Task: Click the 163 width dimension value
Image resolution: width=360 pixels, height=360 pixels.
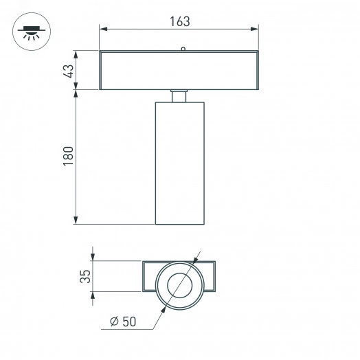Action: (x=179, y=21)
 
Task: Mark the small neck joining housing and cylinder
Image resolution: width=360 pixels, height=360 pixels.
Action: (x=179, y=96)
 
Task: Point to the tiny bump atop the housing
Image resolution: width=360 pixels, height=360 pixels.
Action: (x=182, y=49)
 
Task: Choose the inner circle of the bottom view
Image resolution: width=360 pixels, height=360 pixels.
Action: (x=181, y=284)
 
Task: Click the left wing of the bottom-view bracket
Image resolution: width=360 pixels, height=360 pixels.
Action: (x=150, y=278)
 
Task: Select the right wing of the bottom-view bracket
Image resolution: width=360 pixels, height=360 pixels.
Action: (x=210, y=278)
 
